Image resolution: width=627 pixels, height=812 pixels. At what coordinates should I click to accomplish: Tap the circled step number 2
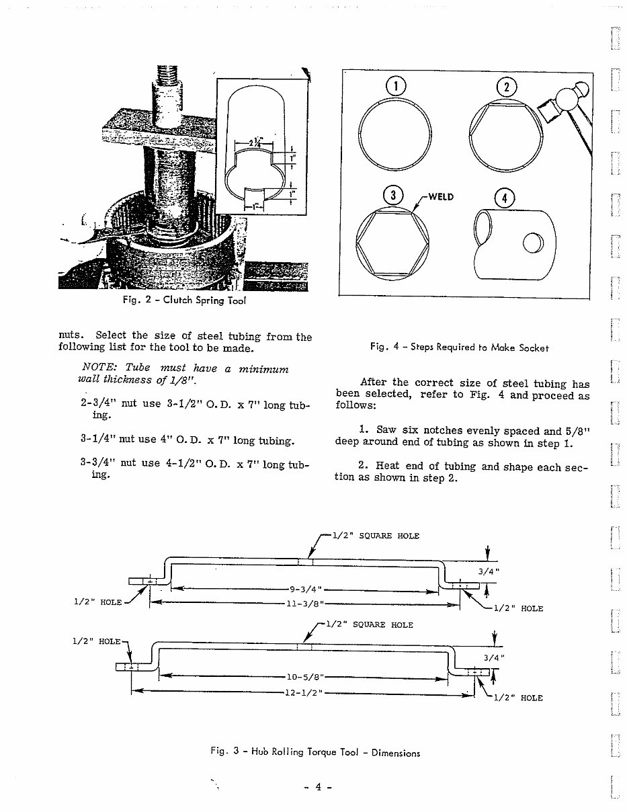[505, 87]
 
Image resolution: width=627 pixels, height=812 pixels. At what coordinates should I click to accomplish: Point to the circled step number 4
[504, 198]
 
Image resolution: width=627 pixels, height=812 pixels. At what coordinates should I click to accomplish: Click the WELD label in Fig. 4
[442, 196]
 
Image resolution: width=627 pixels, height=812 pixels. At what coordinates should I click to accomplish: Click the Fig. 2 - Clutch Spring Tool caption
[182, 300]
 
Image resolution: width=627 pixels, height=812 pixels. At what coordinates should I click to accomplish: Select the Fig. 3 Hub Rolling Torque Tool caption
[315, 752]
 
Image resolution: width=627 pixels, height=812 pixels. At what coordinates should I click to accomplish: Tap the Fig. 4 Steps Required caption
[459, 348]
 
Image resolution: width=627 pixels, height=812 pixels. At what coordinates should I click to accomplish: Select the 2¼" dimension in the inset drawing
[256, 142]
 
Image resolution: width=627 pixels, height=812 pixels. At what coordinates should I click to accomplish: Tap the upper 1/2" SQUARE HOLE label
[376, 536]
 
